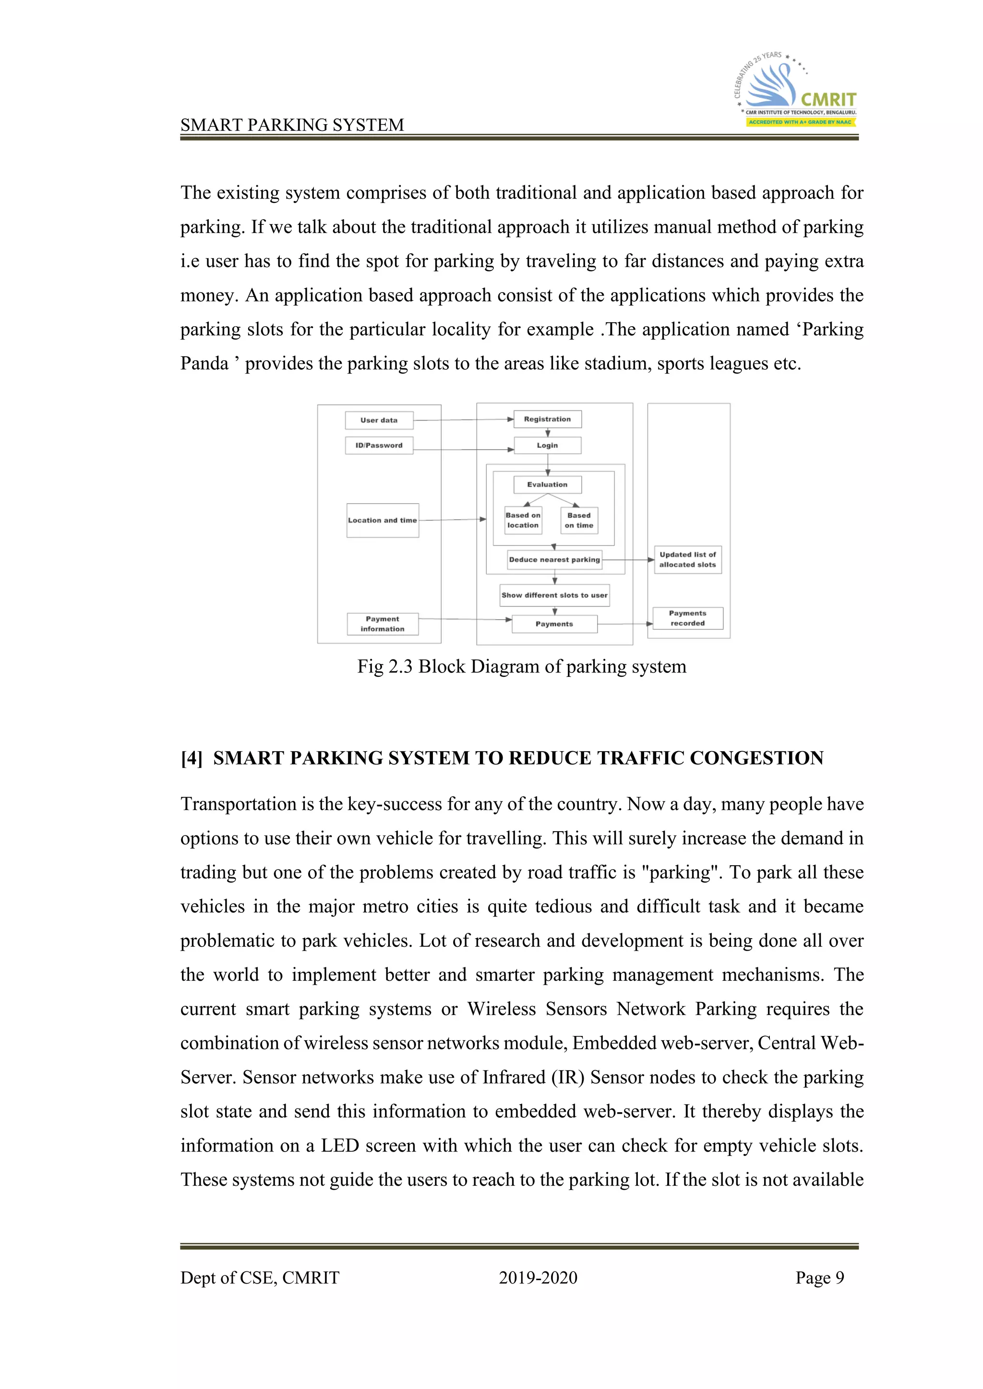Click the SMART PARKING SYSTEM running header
click(292, 125)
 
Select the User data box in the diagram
click(379, 420)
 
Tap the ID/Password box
click(379, 445)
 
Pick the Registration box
click(547, 419)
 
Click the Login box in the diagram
click(547, 445)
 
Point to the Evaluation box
click(547, 484)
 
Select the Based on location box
click(523, 520)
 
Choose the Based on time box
click(579, 520)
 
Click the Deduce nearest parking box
click(554, 560)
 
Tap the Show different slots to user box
click(554, 595)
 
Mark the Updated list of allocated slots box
click(688, 560)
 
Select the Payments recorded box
click(688, 618)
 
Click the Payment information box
click(383, 624)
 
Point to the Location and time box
click(383, 520)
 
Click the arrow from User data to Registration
click(463, 419)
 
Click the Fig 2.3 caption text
click(522, 667)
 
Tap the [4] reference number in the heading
click(192, 758)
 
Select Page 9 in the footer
click(820, 1278)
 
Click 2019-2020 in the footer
click(538, 1278)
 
